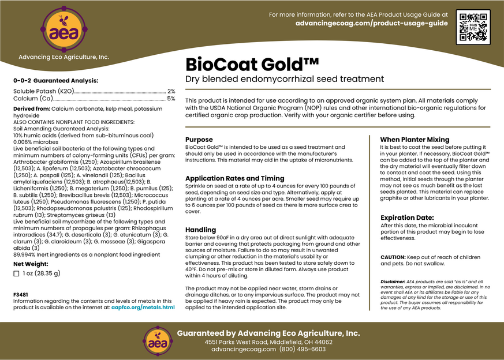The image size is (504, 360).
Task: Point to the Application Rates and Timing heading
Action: pyautogui.click(x=234, y=178)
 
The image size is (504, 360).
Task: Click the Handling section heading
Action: pyautogui.click(x=200, y=230)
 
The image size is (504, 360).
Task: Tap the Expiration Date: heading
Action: pyautogui.click(x=407, y=217)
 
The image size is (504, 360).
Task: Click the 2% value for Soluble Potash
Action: pyautogui.click(x=171, y=91)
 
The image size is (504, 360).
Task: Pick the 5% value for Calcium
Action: pyautogui.click(x=171, y=99)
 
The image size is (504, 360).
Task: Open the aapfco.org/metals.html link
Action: pyautogui.click(x=143, y=307)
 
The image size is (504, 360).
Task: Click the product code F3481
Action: pyautogui.click(x=20, y=294)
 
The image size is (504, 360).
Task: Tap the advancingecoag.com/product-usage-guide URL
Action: pyautogui.click(x=371, y=23)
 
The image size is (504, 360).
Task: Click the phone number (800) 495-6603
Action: pyautogui.click(x=302, y=349)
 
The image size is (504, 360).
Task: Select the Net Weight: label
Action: pyautogui.click(x=31, y=264)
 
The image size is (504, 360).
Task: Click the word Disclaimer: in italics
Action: pyautogui.click(x=393, y=282)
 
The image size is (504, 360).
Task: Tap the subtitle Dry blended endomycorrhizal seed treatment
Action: pyautogui.click(x=285, y=78)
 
